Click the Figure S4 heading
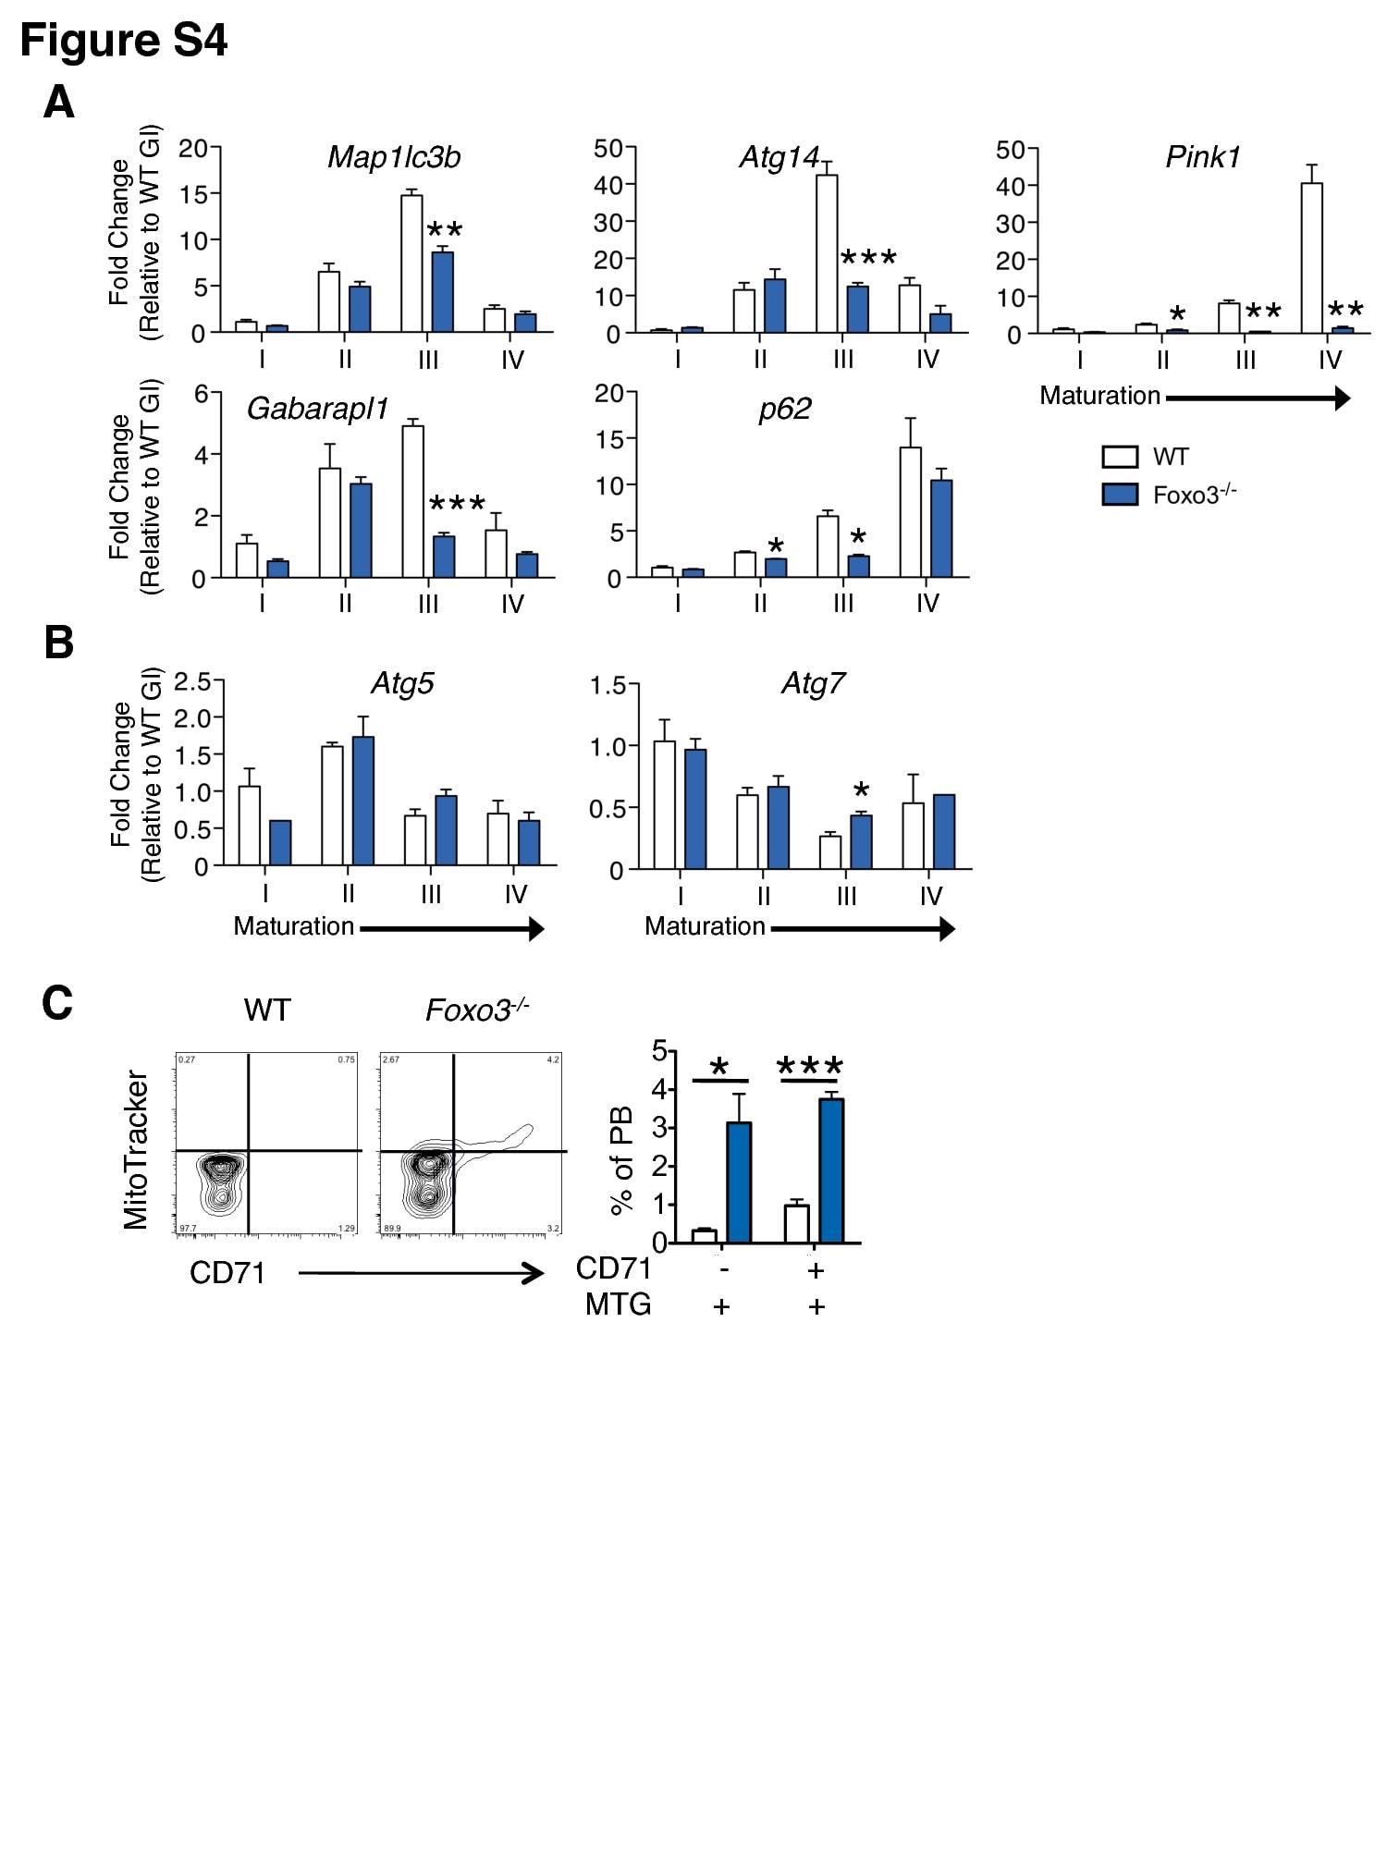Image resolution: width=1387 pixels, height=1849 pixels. pos(123,41)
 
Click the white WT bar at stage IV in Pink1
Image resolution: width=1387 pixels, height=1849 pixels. pos(1311,258)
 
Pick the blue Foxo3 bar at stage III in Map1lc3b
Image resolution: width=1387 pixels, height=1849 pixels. pos(443,292)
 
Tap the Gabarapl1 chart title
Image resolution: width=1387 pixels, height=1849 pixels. pos(317,409)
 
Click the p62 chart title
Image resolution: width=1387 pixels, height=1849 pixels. pos(784,409)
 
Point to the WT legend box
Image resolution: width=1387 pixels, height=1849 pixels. pos(1120,457)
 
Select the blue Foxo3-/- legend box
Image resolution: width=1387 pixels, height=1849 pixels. pos(1120,496)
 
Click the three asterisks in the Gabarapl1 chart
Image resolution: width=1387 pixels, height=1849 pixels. pos(457,505)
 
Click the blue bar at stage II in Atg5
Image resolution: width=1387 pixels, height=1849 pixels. pos(363,801)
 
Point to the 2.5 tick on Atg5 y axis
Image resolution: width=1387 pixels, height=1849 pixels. pos(192,682)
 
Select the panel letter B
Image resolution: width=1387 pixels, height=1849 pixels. pos(59,643)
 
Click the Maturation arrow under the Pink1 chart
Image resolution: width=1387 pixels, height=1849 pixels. pos(1258,398)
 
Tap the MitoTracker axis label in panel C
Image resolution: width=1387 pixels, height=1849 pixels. pos(136,1149)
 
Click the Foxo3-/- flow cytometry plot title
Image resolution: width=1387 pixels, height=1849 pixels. pos(476,1010)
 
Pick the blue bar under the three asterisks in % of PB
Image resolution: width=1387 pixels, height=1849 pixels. pos(831,1170)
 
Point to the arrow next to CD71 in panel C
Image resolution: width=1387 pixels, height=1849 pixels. pos(421,1274)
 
